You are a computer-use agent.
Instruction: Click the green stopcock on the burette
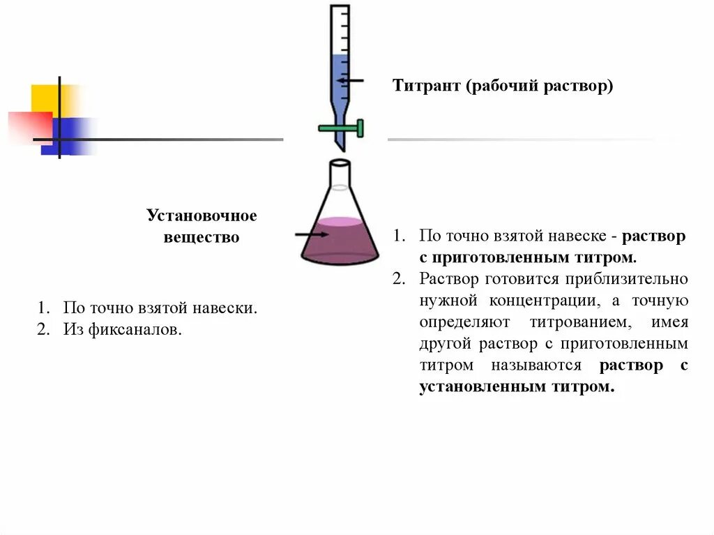[342, 128]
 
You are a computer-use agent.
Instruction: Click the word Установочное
[202, 216]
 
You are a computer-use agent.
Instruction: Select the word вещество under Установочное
[202, 238]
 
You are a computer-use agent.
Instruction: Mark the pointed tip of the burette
[340, 148]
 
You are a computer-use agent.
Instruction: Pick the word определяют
[465, 322]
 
